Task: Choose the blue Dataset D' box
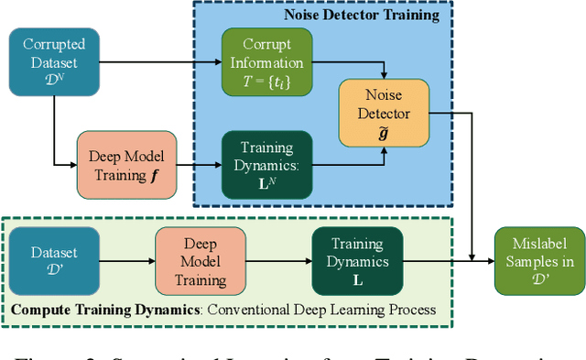54,261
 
